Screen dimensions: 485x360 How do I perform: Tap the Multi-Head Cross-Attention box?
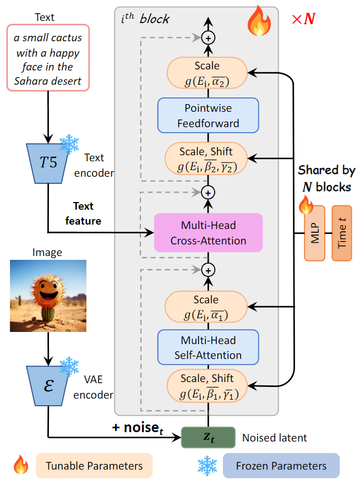(x=209, y=233)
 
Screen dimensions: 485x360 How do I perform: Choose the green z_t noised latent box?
(x=209, y=437)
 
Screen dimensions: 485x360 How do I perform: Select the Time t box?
(x=341, y=233)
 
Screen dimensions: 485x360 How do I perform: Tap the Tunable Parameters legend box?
(x=93, y=466)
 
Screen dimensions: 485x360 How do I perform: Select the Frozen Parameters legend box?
(x=281, y=466)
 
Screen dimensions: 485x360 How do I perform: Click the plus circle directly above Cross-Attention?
(x=209, y=193)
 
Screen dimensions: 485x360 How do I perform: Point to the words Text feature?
(x=84, y=214)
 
